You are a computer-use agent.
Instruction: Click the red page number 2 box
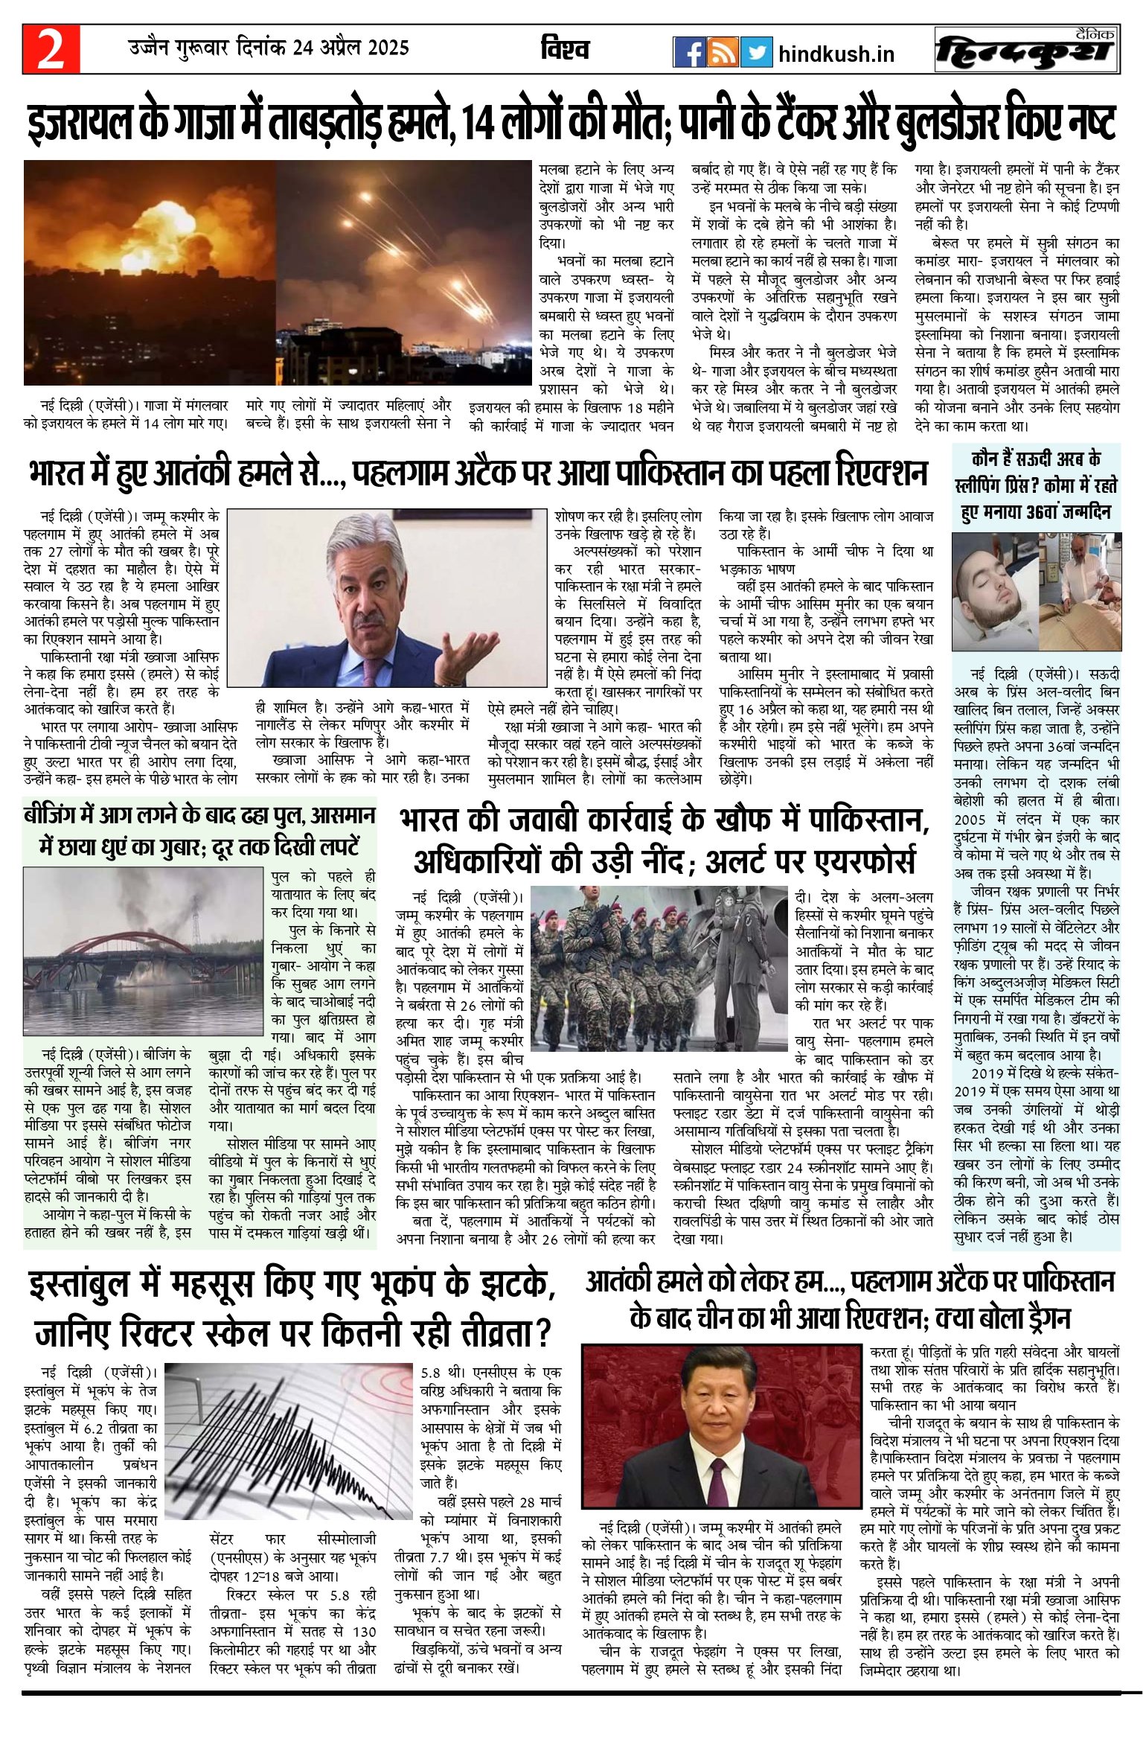51,49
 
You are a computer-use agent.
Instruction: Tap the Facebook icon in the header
689,51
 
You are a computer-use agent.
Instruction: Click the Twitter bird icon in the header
755,51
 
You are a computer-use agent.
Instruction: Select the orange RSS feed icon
723,51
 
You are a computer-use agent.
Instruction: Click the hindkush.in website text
836,54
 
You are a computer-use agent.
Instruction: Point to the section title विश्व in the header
565,49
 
